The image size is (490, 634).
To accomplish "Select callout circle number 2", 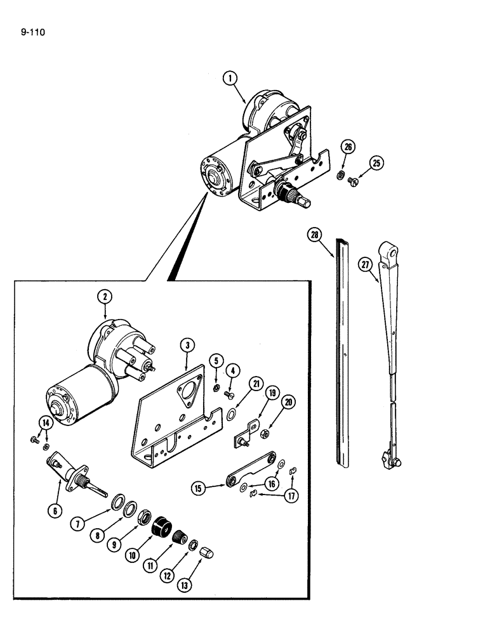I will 105,296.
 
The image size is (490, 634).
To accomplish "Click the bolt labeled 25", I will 355,182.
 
